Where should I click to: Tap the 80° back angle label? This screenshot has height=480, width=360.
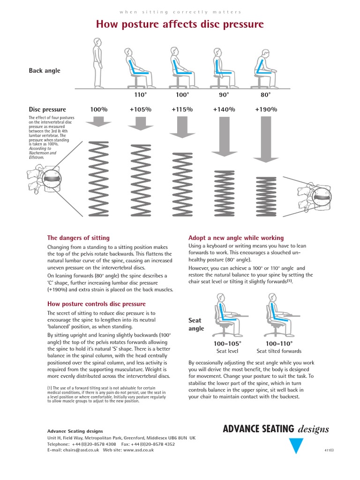click(266, 95)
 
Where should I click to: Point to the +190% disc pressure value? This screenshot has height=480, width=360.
click(266, 110)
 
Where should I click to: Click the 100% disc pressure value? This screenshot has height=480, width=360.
click(98, 110)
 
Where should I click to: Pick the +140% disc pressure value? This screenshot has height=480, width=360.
click(224, 110)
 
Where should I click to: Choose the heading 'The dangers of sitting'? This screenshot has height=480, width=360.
click(78, 238)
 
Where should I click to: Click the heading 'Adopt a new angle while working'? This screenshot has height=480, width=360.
click(236, 238)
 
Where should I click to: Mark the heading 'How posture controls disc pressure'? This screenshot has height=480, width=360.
click(97, 304)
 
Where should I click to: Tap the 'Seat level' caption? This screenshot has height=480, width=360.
click(227, 351)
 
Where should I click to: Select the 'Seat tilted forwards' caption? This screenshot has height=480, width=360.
click(279, 351)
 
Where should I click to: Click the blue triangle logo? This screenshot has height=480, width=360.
click(295, 445)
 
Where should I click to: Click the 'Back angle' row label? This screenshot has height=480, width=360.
click(45, 71)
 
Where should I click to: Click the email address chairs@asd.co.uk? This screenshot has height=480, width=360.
click(82, 450)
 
